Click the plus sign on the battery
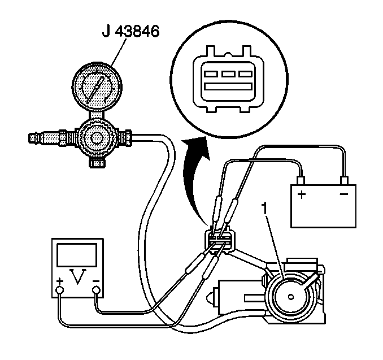coord(302,195)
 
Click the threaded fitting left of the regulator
coord(51,137)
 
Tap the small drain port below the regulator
coord(97,164)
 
